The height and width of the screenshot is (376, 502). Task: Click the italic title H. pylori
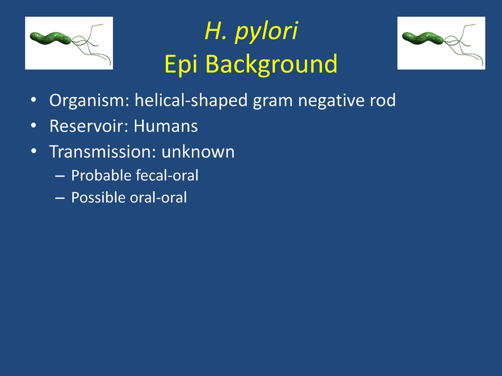pyautogui.click(x=251, y=32)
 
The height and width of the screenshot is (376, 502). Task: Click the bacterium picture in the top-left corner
pyautogui.click(x=68, y=43)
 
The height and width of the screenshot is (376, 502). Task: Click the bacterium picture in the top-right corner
pyautogui.click(x=442, y=43)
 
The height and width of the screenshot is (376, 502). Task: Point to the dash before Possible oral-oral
pyautogui.click(x=60, y=199)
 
